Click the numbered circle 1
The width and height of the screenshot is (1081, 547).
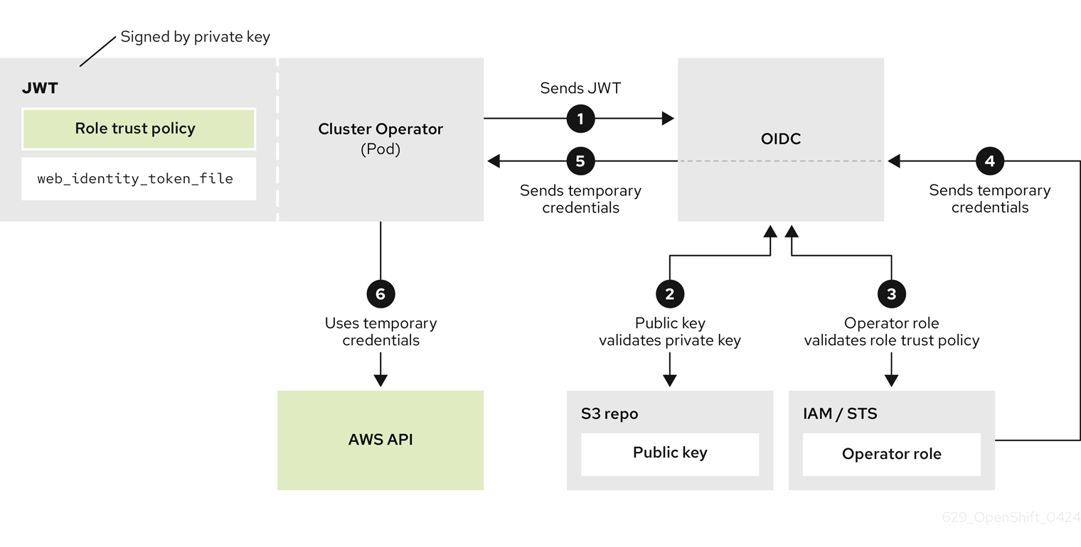point(580,119)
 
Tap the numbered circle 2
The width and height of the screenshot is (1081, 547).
point(669,293)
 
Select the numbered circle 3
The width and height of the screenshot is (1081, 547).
point(891,293)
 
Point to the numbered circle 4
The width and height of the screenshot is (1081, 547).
point(989,161)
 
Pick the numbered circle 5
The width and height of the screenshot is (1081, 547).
point(580,161)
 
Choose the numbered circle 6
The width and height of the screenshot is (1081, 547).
point(380,293)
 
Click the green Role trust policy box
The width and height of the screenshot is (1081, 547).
point(139,129)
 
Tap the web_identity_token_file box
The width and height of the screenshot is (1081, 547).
point(139,179)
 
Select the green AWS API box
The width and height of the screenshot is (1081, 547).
point(380,440)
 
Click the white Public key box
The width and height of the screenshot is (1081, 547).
point(670,453)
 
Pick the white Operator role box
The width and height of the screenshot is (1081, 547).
point(891,455)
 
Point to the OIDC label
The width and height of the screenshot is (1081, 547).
point(781,139)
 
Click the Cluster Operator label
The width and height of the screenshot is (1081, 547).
point(380,129)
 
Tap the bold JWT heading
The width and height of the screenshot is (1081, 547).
point(40,88)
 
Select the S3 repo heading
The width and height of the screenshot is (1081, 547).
point(609,413)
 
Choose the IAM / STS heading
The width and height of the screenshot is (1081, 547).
point(840,413)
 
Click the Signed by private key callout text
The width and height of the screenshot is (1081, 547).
point(196,37)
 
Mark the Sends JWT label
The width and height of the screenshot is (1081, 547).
point(580,88)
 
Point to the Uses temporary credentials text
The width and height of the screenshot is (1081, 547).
point(380,332)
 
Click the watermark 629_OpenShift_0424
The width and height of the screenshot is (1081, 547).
point(1011,517)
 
